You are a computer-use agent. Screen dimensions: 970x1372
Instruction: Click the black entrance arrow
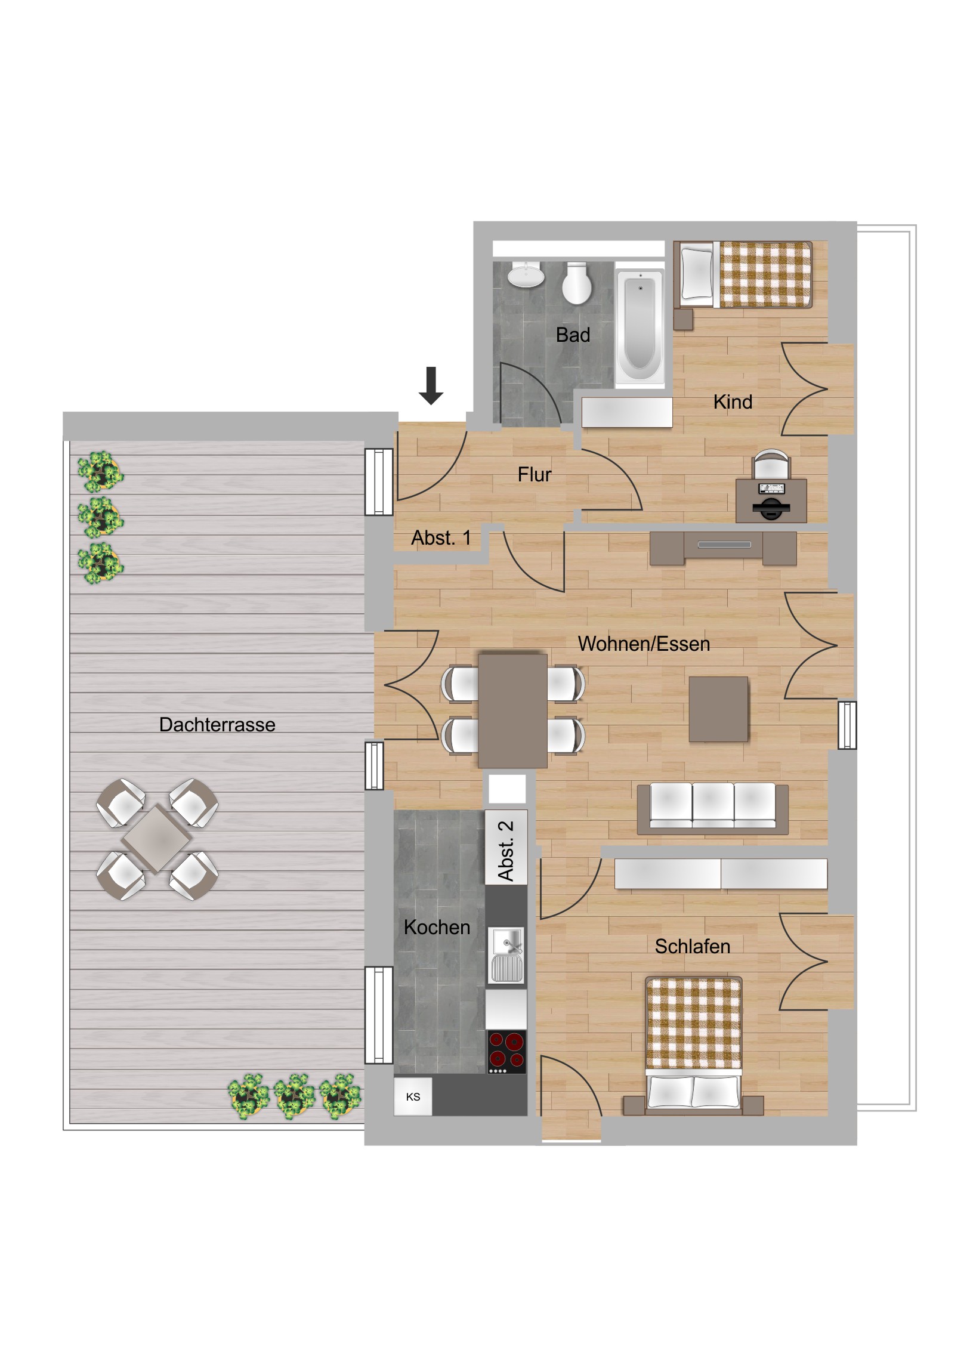click(x=430, y=385)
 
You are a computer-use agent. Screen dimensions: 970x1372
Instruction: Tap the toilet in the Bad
click(x=577, y=283)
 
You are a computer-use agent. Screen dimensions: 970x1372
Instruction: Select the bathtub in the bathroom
click(x=640, y=326)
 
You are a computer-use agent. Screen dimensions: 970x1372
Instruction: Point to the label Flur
click(x=535, y=474)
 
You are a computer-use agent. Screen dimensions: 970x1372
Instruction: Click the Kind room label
click(x=733, y=401)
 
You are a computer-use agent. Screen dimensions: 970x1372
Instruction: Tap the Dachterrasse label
click(x=217, y=724)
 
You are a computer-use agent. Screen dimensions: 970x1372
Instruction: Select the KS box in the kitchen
click(x=413, y=1096)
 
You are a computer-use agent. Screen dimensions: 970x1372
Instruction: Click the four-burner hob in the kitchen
click(x=506, y=1052)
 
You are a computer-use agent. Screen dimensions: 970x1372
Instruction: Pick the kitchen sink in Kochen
click(x=506, y=955)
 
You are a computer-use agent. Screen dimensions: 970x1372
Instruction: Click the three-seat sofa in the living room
click(x=712, y=808)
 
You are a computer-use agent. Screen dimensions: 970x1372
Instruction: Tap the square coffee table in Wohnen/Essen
click(x=718, y=709)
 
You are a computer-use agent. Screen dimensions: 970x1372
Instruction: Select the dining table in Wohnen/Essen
click(x=512, y=710)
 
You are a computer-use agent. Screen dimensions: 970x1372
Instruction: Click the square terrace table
click(x=157, y=839)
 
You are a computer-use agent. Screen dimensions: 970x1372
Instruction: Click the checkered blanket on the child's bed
click(x=765, y=274)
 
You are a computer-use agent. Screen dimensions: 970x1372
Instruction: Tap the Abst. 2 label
click(x=506, y=850)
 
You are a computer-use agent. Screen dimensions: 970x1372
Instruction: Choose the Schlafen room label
click(x=692, y=946)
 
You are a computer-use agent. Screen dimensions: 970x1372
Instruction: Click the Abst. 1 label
click(x=441, y=538)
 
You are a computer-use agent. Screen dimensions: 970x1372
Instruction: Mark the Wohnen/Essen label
click(x=644, y=644)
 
